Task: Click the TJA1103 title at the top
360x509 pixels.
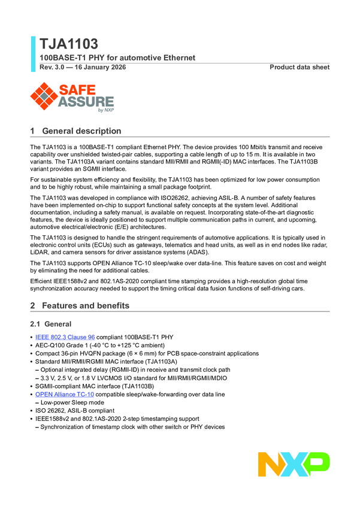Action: point(69,44)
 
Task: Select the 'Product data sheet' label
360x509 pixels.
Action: point(300,67)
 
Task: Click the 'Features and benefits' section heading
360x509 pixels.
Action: point(85,306)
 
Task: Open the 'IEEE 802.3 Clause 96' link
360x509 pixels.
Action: point(65,337)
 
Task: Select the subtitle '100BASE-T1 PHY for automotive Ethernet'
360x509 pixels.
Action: point(117,58)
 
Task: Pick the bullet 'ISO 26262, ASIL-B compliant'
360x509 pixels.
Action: point(77,411)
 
